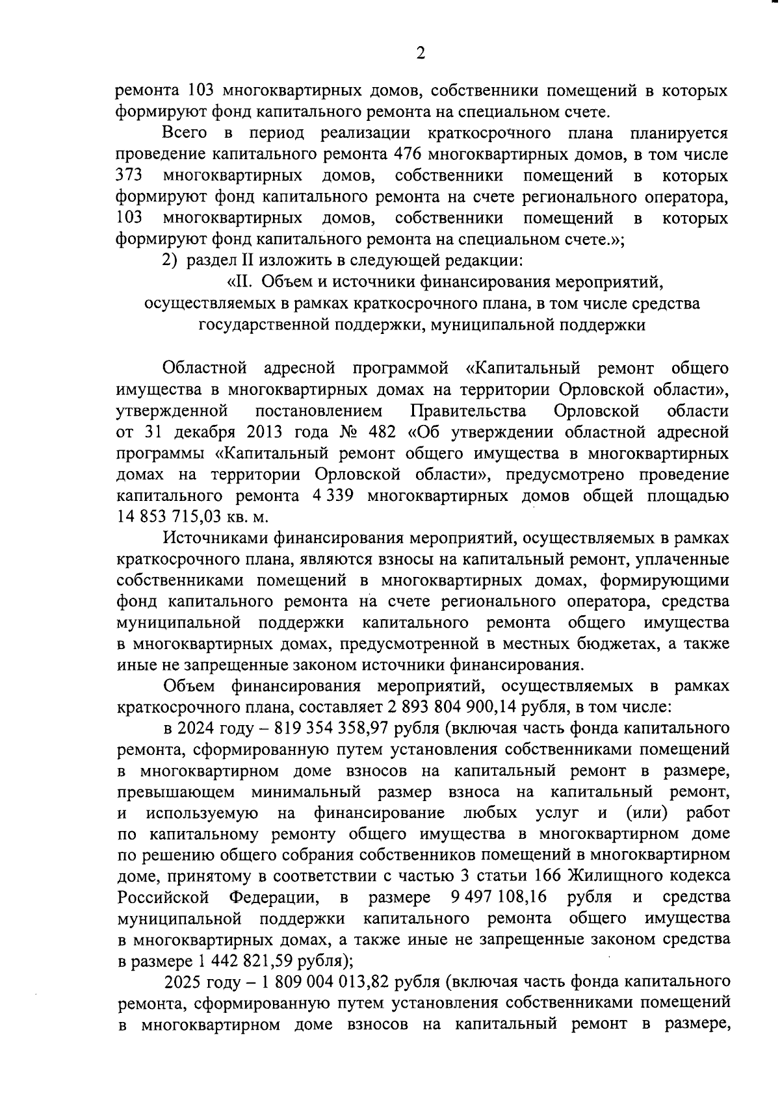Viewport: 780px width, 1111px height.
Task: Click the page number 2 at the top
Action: [x=421, y=54]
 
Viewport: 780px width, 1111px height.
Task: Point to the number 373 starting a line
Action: [x=129, y=176]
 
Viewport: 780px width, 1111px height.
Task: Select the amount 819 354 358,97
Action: [x=331, y=728]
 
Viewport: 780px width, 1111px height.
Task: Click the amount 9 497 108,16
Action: [x=498, y=897]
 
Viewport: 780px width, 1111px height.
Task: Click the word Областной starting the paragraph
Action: [x=205, y=369]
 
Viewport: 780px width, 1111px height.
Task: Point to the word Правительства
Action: [x=468, y=411]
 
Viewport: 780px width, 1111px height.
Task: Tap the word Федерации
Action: [x=273, y=897]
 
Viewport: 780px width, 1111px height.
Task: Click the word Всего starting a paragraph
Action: [x=185, y=134]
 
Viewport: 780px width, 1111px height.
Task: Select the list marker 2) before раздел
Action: [x=169, y=261]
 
